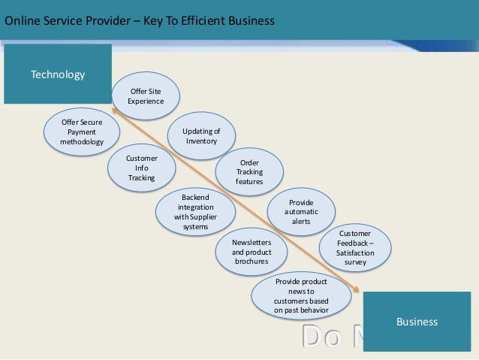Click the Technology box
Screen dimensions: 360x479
pyautogui.click(x=58, y=74)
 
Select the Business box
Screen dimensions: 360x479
pyautogui.click(x=417, y=322)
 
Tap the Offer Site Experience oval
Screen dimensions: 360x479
pyautogui.click(x=146, y=96)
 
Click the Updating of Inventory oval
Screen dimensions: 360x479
pyautogui.click(x=201, y=136)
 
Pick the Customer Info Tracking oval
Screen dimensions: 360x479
pyautogui.click(x=141, y=168)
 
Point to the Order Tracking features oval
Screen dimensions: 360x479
pyautogui.click(x=249, y=172)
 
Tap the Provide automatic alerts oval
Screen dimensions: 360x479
pyautogui.click(x=301, y=212)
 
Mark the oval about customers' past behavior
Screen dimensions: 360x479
pyautogui.click(x=301, y=295)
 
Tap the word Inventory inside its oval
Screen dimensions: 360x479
pyautogui.click(x=201, y=141)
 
